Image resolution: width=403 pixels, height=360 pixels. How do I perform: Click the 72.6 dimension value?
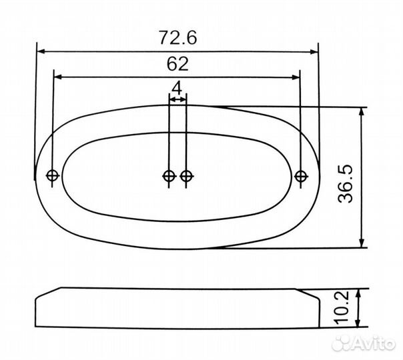[178, 37]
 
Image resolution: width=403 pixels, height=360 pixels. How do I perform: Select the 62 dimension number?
[177, 64]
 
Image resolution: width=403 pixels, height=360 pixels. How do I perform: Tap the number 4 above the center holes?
[177, 88]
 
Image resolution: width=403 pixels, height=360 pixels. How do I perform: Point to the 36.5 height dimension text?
[346, 184]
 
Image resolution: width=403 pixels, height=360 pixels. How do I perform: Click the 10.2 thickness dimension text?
[341, 307]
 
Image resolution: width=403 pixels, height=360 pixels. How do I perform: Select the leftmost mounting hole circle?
[53, 175]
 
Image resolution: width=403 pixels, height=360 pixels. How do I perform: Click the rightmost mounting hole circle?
[301, 176]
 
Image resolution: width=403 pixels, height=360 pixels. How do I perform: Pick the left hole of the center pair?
[169, 176]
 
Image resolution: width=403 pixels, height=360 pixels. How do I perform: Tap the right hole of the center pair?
[186, 176]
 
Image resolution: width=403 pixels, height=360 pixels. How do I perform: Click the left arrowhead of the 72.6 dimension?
[41, 51]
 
